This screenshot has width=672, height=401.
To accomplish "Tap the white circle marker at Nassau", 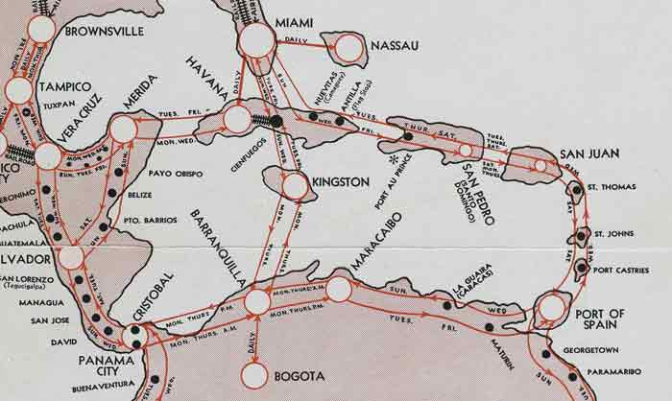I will coord(348,47).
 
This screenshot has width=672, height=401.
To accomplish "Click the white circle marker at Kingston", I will coord(298,186).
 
